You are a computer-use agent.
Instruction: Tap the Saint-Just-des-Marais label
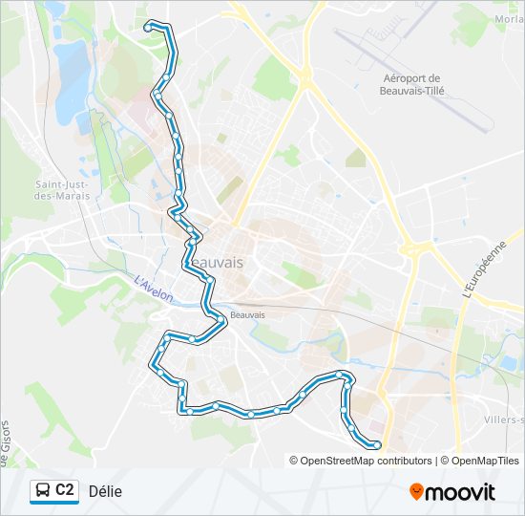tap(63, 190)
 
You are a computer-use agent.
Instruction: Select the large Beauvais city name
tap(216, 262)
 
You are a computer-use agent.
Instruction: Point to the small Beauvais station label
tap(247, 314)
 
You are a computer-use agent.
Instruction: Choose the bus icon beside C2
tap(43, 491)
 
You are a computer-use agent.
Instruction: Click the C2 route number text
tap(65, 491)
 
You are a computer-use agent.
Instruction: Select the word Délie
tap(105, 491)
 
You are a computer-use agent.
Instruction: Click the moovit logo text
tap(461, 492)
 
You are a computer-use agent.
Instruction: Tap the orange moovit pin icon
tap(416, 492)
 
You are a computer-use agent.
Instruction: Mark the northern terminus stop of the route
tap(148, 29)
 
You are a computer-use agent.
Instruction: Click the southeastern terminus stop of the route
tap(377, 444)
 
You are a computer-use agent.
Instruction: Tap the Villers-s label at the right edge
tap(504, 419)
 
